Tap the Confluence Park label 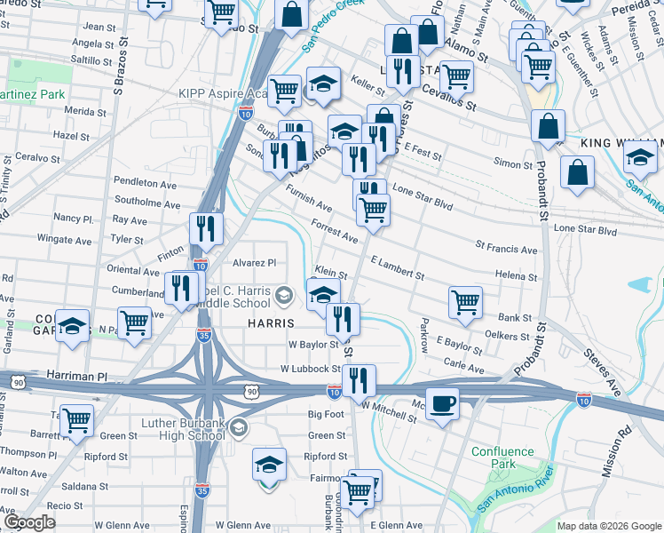tap(502, 457)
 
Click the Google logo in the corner tap(29, 522)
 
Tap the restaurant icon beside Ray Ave tap(205, 229)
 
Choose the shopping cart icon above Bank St tap(465, 302)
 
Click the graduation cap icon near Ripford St tap(270, 465)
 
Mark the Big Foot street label tap(326, 414)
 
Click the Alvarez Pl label tap(255, 263)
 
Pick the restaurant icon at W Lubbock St tap(359, 380)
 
